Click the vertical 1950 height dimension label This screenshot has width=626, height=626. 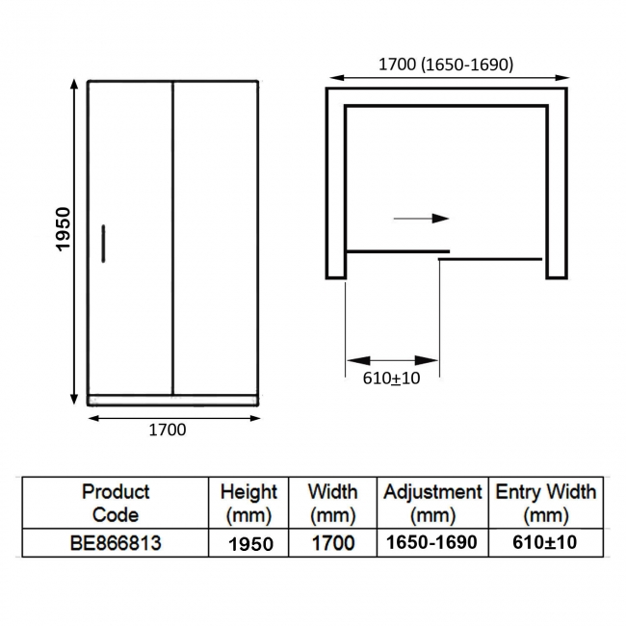[64, 228]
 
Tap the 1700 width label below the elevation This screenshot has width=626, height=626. [167, 430]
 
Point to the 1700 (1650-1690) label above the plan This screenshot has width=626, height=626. [446, 65]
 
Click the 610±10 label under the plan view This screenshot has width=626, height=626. [392, 378]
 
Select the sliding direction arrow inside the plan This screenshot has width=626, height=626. [422, 219]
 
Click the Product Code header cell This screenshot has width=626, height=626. [116, 503]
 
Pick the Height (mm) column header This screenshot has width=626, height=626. [248, 503]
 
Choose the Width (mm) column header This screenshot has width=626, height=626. [332, 503]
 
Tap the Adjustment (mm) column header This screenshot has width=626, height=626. [432, 503]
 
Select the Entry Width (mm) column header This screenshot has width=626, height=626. [546, 503]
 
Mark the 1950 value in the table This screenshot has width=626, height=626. [250, 543]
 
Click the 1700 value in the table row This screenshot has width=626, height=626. [332, 543]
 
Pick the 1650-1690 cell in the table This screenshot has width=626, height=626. [431, 543]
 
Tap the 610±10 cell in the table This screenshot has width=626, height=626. [546, 543]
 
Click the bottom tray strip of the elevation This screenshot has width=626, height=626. [173, 399]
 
